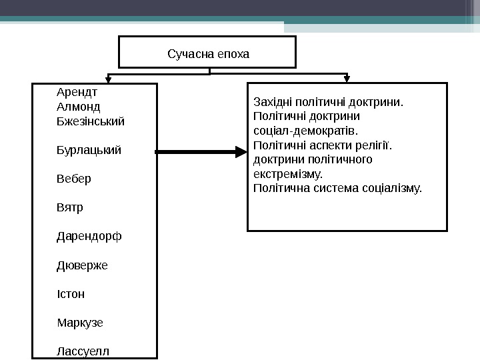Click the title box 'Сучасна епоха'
click(x=207, y=53)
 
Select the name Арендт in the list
click(x=77, y=93)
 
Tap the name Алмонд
click(x=79, y=107)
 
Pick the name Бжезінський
click(x=91, y=121)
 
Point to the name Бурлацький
click(x=89, y=150)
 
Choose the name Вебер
click(x=75, y=179)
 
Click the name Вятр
click(x=71, y=207)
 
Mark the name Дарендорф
click(x=89, y=237)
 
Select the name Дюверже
click(x=83, y=265)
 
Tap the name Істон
click(x=71, y=294)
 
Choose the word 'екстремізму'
click(x=287, y=175)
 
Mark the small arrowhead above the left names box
click(x=105, y=79)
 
